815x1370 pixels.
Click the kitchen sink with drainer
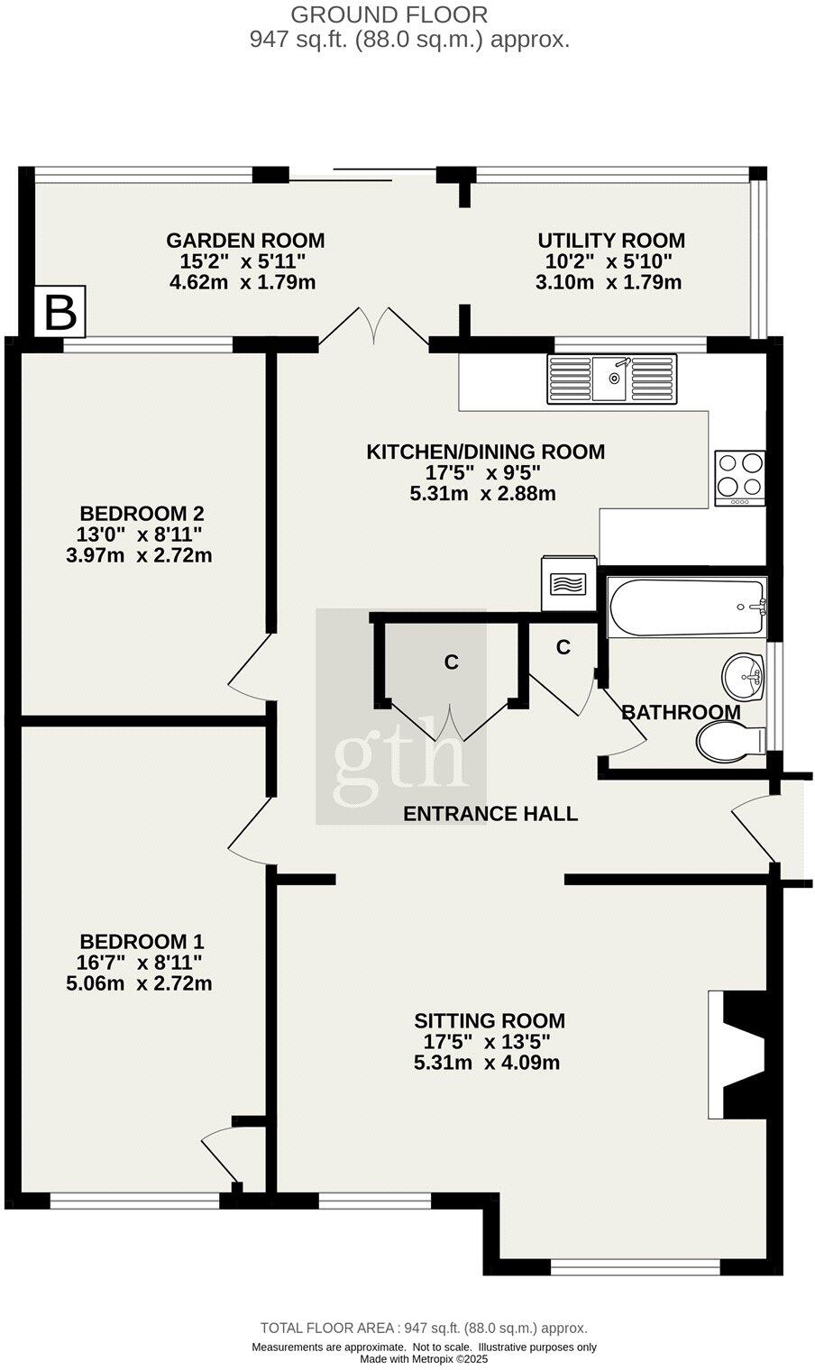click(x=611, y=379)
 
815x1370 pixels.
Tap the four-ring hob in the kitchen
click(x=739, y=477)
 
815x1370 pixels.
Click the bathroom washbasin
click(x=743, y=676)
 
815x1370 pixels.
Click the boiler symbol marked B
click(x=60, y=312)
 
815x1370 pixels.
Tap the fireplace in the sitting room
click(x=738, y=1055)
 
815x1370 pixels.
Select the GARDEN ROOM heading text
click(x=245, y=241)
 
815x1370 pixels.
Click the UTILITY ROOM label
click(x=611, y=241)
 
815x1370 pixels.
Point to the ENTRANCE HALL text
click(x=490, y=814)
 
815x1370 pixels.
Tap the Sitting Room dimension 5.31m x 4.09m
click(x=487, y=1063)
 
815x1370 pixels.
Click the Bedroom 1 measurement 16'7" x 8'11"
click(x=140, y=962)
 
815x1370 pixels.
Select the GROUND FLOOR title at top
click(x=389, y=14)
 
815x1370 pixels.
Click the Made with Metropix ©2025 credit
click(x=424, y=1359)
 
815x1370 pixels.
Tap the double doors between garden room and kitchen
click(x=373, y=326)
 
